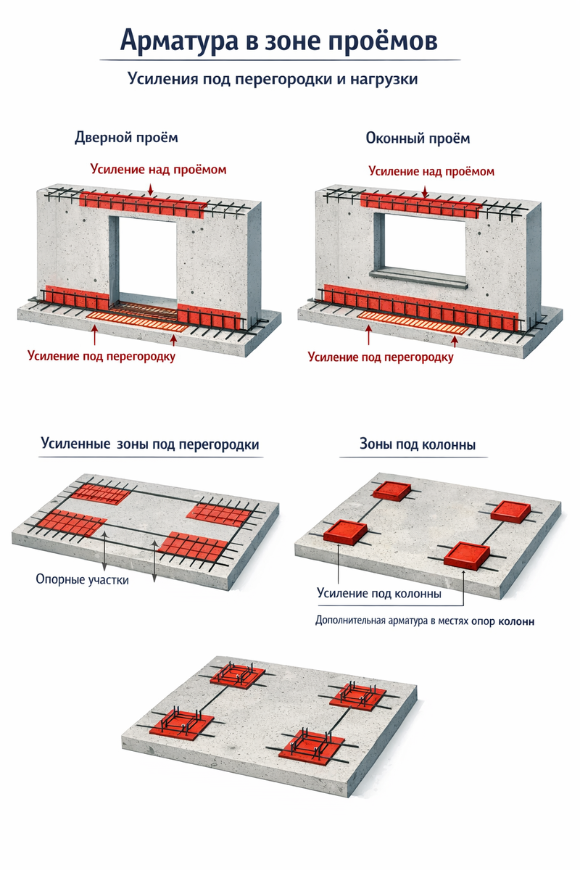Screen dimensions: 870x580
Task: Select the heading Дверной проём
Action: coord(126,137)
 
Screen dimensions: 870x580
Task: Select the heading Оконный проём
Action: coord(418,138)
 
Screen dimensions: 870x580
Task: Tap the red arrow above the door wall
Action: coord(150,188)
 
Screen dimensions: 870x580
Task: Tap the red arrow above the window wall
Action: coord(425,190)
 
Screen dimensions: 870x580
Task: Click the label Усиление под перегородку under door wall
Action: coord(101,356)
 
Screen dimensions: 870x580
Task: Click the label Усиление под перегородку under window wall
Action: coord(381,357)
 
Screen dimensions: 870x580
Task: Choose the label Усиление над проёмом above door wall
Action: coord(158,169)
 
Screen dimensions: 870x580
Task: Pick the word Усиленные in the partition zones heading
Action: coord(75,444)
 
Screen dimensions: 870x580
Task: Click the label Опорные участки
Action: coord(82,579)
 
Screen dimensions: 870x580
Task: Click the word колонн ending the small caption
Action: coord(517,621)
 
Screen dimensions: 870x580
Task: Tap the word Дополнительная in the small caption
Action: coord(351,621)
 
